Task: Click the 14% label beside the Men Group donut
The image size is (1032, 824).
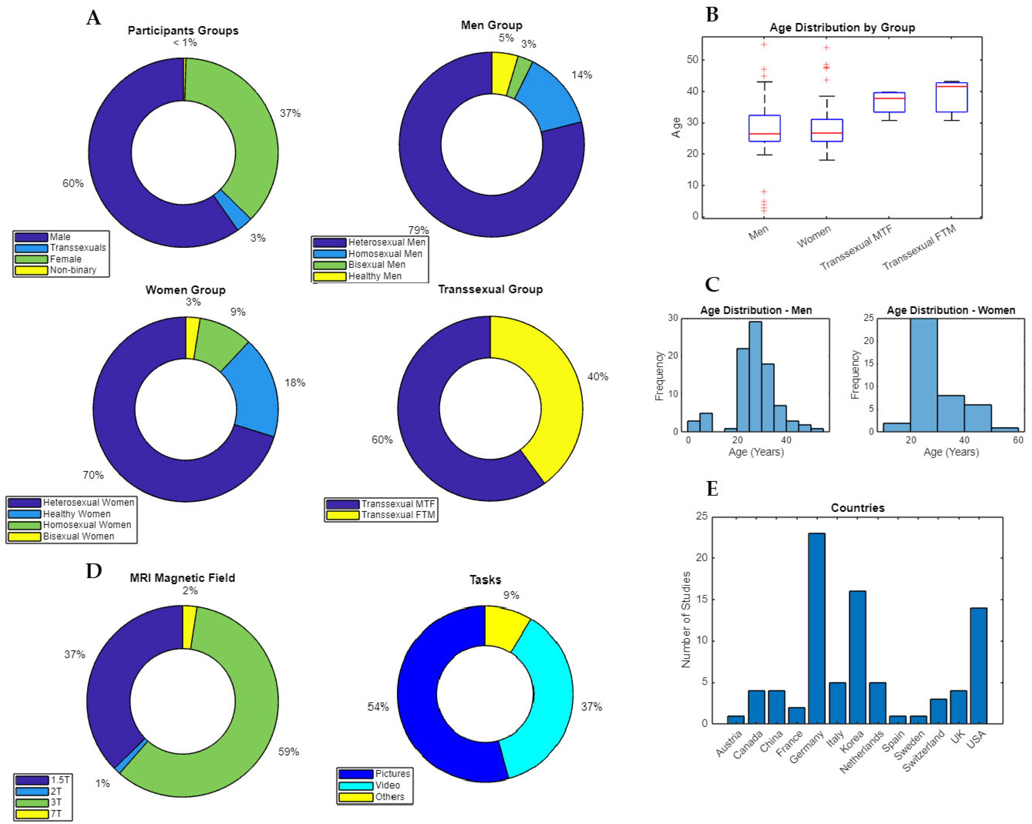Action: click(582, 75)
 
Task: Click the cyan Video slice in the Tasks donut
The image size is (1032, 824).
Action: click(546, 693)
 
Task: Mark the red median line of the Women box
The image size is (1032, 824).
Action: click(827, 133)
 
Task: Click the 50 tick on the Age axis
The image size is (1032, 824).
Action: click(692, 60)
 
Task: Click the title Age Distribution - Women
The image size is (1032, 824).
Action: click(951, 310)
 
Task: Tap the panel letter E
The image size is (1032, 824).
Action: click(712, 489)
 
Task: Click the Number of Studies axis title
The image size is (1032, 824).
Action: click(686, 620)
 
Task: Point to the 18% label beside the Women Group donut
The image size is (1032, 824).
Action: click(295, 383)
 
